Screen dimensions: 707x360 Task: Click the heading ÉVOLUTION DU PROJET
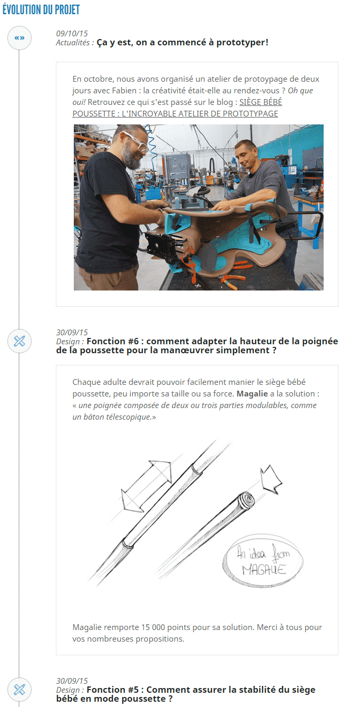coord(41,9)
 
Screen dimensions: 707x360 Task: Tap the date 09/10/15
coord(72,34)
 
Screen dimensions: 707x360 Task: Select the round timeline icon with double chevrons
coord(20,38)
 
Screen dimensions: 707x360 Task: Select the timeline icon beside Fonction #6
coord(20,341)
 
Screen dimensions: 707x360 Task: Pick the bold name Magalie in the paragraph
coord(251,394)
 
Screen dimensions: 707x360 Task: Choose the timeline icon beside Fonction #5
coord(20,689)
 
